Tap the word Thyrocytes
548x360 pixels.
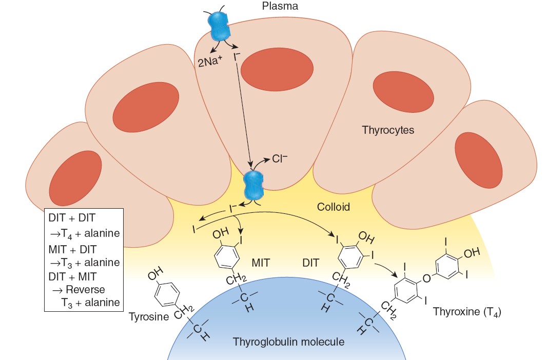[387, 130]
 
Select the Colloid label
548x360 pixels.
[333, 207]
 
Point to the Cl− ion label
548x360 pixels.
[280, 158]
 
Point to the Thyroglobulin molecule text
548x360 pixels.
[288, 342]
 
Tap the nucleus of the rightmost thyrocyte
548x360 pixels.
[478, 160]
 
